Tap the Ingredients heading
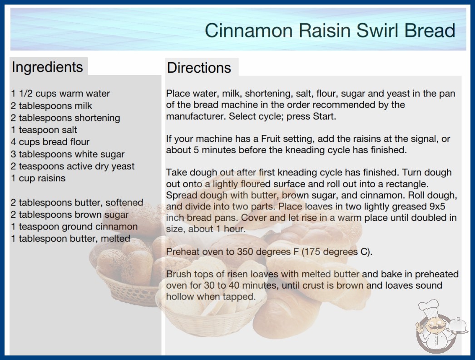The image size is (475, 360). [x=47, y=67]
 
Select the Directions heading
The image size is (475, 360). [x=199, y=68]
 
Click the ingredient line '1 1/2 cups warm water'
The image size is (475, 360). [x=60, y=94]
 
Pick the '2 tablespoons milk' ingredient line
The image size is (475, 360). [x=51, y=106]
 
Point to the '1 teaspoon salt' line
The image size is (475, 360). [x=44, y=130]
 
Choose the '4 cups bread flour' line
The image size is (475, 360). [x=50, y=142]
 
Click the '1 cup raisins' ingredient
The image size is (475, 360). [x=38, y=178]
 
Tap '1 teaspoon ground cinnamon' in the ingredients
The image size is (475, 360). [x=74, y=226]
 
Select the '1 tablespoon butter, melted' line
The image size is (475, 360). [x=70, y=239]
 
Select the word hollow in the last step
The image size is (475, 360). [x=180, y=297]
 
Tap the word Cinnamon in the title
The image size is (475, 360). [x=248, y=30]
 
